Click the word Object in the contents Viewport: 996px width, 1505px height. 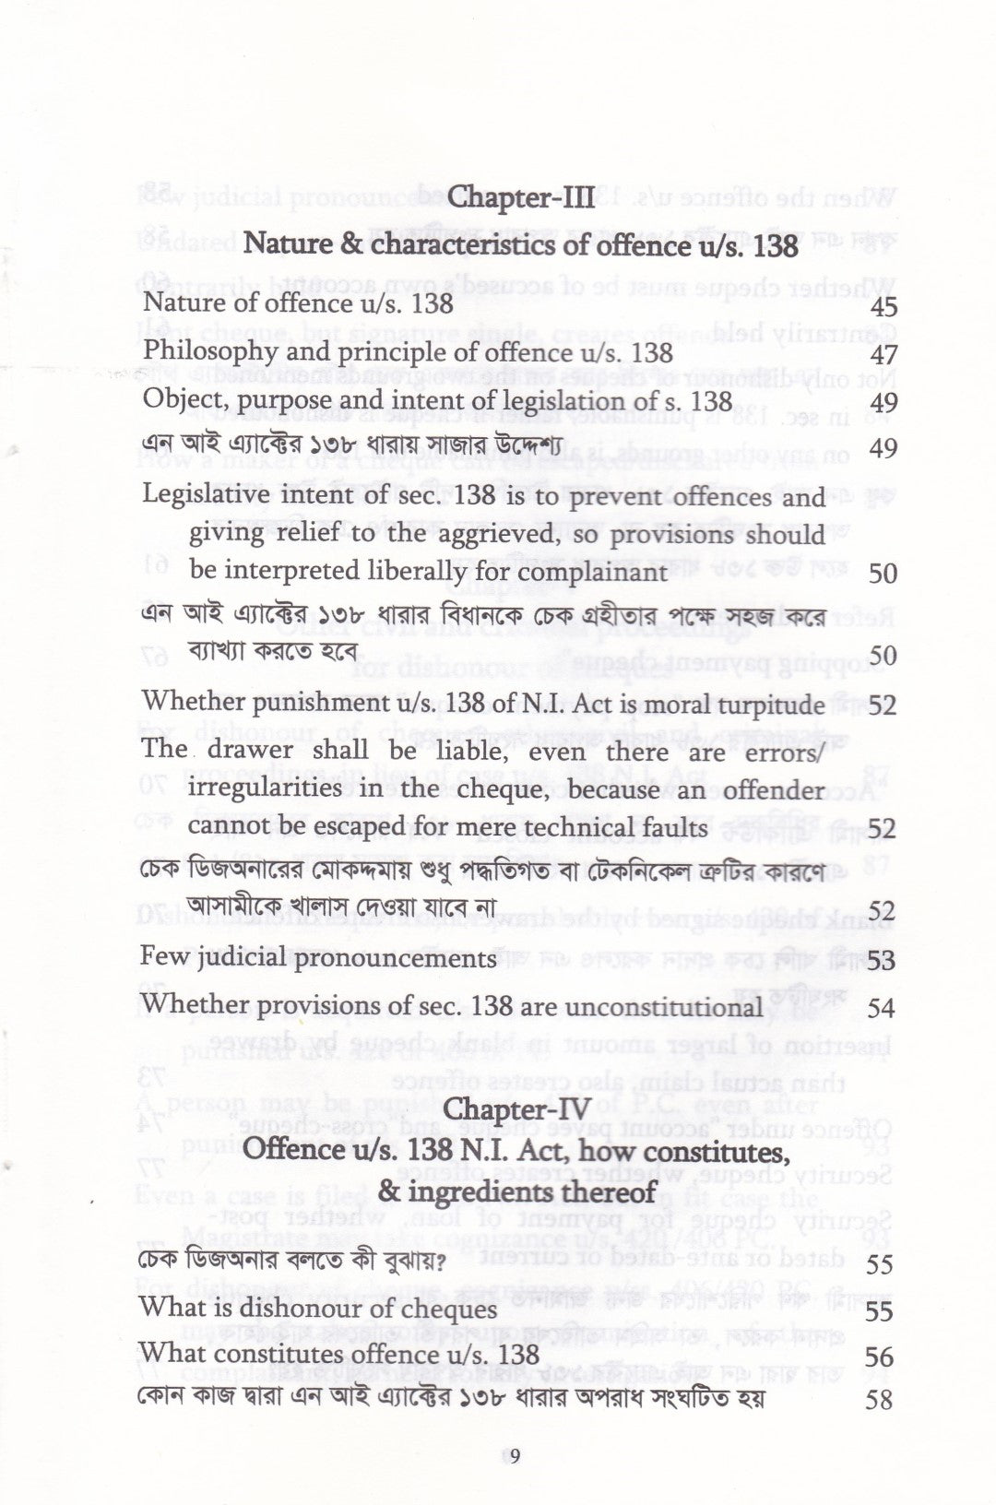(x=173, y=402)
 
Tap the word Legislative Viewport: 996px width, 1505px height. (x=205, y=497)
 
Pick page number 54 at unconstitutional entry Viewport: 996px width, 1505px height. (x=882, y=1008)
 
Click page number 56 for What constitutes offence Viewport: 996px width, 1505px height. (x=882, y=1357)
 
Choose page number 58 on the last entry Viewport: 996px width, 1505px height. (x=882, y=1401)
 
